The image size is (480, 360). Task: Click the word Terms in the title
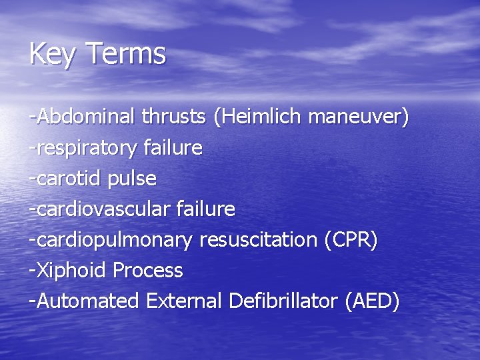point(126,54)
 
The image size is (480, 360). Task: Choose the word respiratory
point(86,147)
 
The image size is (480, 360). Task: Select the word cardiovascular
point(101,209)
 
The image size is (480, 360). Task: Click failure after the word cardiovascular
point(206,209)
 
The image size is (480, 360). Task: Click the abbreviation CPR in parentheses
point(351,239)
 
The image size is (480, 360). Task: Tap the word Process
point(148,270)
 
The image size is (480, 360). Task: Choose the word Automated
point(88,301)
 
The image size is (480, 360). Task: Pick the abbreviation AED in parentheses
point(372,301)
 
